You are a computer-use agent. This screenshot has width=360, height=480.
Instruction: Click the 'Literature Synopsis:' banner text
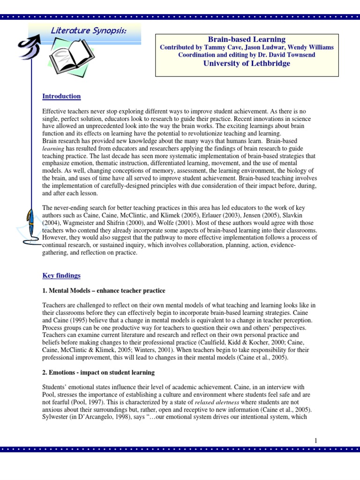[88, 30]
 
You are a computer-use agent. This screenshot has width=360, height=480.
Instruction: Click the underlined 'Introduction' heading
[61, 96]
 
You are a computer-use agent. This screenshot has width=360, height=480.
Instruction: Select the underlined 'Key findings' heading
[61, 276]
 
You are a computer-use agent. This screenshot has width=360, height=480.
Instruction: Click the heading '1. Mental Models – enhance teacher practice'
[104, 291]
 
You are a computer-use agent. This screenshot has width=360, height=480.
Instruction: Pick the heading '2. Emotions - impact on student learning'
[98, 373]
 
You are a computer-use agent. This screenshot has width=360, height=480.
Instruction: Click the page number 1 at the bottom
[316, 440]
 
